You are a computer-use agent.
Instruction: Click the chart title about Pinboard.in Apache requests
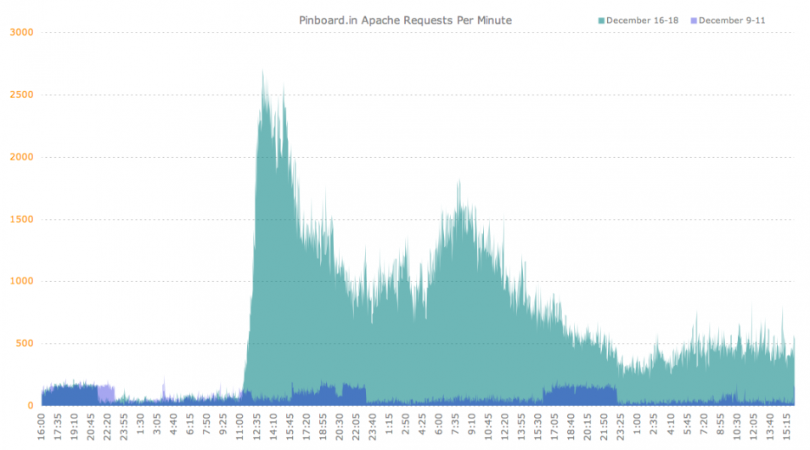406,20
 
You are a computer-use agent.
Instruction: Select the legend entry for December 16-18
638,20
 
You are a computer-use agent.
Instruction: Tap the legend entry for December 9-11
728,20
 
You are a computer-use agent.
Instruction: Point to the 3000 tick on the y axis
22,32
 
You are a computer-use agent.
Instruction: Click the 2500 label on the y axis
22,94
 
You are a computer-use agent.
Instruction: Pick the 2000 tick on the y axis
22,157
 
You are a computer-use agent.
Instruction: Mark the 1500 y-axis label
22,219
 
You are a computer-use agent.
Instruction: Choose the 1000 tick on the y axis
22,281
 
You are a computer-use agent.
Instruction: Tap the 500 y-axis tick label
25,344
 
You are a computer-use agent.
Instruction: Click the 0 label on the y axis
31,406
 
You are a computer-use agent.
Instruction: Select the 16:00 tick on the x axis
42,427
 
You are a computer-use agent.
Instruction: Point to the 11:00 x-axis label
239,427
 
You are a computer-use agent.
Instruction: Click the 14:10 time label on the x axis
273,427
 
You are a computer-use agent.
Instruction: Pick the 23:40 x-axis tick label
373,427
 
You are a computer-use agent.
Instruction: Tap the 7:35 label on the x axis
455,427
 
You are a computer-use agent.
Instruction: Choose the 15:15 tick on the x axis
786,427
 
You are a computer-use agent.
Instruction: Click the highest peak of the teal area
263,70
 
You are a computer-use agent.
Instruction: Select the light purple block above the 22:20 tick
106,394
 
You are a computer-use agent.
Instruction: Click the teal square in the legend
601,20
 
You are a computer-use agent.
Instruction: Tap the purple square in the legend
694,20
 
